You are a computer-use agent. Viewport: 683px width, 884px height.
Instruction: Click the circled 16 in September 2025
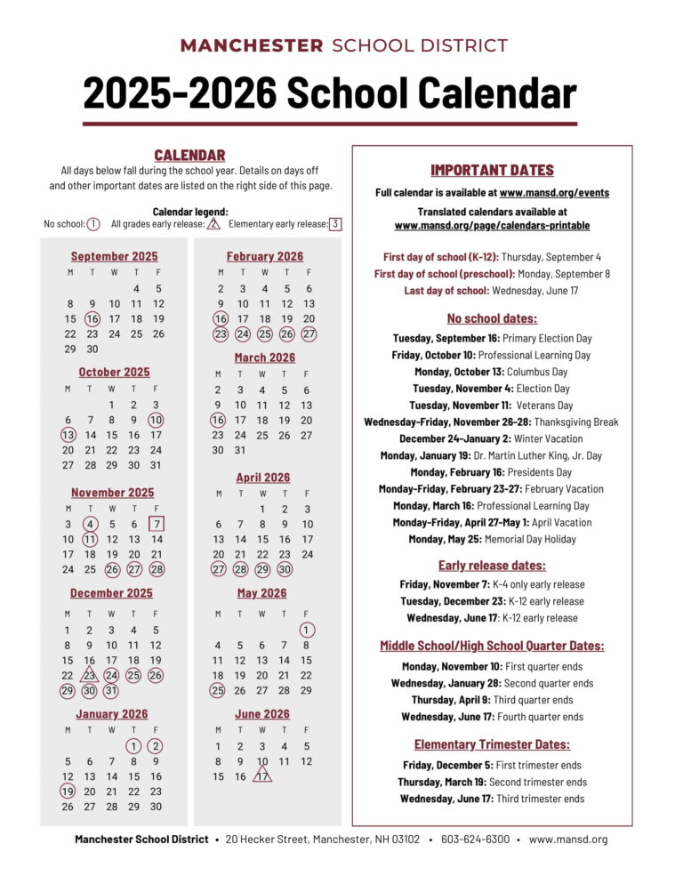tap(92, 319)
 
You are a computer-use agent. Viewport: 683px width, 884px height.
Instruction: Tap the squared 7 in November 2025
tap(157, 524)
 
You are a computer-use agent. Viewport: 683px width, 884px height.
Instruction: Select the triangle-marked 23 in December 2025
tap(90, 675)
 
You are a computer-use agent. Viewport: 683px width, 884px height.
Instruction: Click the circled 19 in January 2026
tap(68, 791)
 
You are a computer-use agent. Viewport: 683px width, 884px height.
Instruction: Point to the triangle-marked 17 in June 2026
tap(262, 776)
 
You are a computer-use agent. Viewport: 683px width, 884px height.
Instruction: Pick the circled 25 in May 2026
tap(218, 690)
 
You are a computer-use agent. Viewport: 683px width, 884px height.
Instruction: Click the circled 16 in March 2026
tap(218, 420)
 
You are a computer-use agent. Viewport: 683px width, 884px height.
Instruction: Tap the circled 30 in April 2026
tap(285, 569)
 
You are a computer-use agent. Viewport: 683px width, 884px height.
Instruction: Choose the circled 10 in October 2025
tap(156, 420)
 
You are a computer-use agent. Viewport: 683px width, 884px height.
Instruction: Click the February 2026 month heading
tap(264, 256)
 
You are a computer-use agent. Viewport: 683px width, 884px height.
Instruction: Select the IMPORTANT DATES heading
tap(492, 170)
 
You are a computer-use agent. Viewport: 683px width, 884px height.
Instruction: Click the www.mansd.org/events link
tap(554, 192)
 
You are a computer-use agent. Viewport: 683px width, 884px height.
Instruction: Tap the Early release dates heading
tap(492, 566)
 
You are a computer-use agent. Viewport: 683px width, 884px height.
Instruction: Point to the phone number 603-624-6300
tap(476, 840)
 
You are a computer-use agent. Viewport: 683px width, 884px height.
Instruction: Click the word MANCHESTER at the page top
tap(252, 46)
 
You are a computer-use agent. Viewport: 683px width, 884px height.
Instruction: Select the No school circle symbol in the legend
tap(93, 224)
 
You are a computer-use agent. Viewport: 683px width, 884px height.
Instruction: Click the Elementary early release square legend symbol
tap(335, 224)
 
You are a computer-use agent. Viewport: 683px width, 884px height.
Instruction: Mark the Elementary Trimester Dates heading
tap(492, 744)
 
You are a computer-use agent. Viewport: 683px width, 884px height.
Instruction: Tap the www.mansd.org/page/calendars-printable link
tap(492, 226)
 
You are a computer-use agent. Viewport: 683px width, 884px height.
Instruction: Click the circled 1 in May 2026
tap(307, 630)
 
